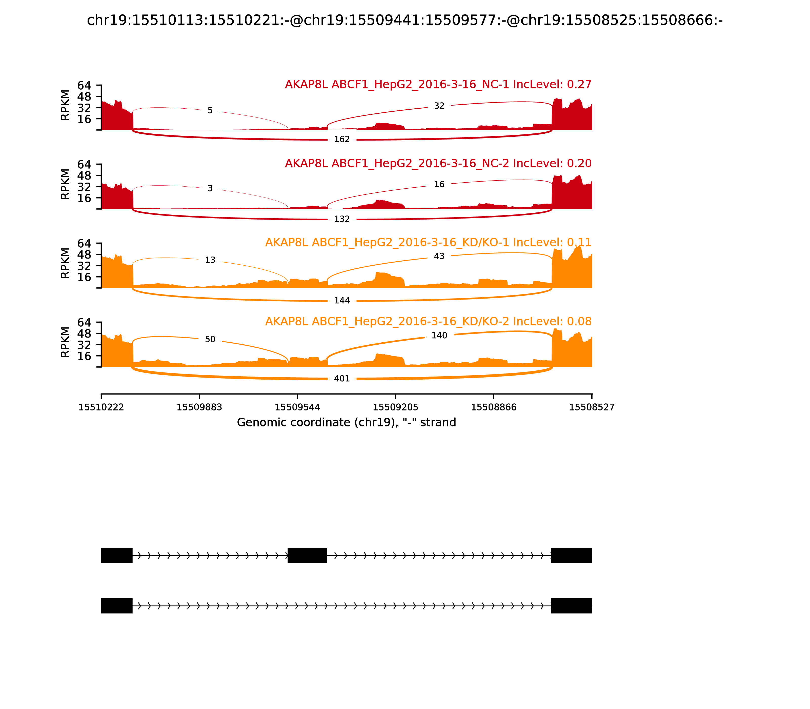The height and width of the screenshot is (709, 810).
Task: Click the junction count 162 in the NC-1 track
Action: (x=342, y=139)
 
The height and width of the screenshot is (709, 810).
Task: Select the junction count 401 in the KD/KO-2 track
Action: (x=342, y=379)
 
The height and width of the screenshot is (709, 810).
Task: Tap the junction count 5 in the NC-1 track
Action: (x=210, y=110)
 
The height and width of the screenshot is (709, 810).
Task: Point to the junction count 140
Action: (x=439, y=336)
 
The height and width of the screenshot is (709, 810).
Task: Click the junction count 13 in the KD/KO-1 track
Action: (x=210, y=260)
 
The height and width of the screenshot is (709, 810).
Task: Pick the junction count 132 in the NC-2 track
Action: (x=342, y=219)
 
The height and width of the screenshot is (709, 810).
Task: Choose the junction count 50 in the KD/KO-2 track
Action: (x=210, y=340)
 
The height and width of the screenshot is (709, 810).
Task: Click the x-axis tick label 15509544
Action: (x=297, y=407)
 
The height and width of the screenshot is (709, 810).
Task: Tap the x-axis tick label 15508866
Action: (x=494, y=407)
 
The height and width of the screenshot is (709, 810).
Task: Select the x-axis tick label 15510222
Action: (x=101, y=407)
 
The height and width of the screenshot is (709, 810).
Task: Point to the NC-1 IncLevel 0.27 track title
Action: (x=438, y=84)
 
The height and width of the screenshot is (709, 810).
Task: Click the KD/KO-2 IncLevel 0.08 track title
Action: (x=428, y=321)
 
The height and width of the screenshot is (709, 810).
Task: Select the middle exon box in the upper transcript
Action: (x=307, y=556)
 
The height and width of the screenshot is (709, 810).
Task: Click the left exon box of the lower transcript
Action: (x=117, y=606)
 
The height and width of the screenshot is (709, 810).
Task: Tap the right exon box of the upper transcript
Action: (x=572, y=556)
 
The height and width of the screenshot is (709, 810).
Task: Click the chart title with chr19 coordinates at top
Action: (x=404, y=20)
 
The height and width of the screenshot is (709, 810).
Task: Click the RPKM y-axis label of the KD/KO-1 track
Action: (x=65, y=263)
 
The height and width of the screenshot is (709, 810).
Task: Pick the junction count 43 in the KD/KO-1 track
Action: (x=439, y=256)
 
